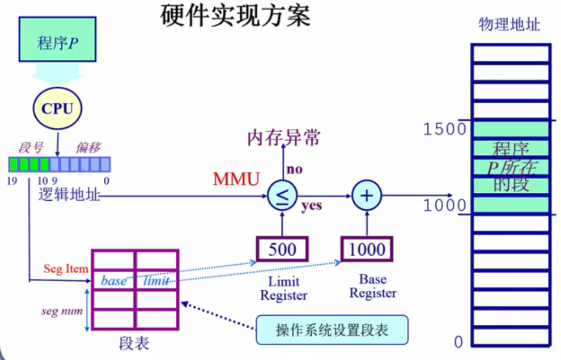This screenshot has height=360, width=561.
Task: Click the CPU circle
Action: point(57,109)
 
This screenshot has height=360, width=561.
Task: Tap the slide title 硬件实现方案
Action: point(235,17)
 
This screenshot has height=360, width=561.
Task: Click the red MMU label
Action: point(236,179)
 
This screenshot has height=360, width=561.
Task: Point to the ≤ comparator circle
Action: point(282,196)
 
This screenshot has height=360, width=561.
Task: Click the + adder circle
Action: point(366,196)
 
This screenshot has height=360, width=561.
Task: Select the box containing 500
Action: point(282,249)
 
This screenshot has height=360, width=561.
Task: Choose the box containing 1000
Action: point(367,249)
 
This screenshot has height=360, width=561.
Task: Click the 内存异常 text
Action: point(283,138)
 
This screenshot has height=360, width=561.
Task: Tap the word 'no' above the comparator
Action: point(295,169)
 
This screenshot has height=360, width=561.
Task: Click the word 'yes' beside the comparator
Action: point(312,206)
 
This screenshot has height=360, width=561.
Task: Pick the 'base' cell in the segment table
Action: point(113,281)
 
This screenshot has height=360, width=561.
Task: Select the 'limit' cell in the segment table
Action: point(156,281)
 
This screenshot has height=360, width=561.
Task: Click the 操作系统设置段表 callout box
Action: point(332,330)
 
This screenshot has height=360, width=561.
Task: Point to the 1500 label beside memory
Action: point(444,129)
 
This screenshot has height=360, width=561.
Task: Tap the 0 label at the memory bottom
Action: point(459,342)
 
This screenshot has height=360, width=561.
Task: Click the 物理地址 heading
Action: point(509,24)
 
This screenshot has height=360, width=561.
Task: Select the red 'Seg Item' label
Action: point(66,269)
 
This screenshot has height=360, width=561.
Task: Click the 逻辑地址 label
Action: point(69,195)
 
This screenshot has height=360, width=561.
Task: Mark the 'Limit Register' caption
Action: point(283,288)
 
